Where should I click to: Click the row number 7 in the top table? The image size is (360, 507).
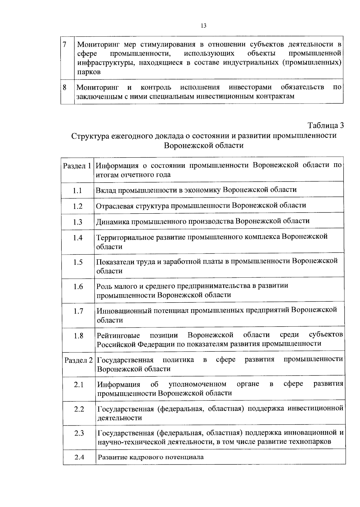pos(64,44)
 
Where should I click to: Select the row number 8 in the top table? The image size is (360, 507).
pos(64,87)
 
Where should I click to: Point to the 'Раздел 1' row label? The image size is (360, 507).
pos(77,166)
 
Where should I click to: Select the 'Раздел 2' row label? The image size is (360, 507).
pos(79,360)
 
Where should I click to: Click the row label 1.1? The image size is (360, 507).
pos(77,191)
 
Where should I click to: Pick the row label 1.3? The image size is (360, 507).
pos(77,222)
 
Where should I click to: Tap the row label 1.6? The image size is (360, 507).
pos(78,287)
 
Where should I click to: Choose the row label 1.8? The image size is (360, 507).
pos(78,336)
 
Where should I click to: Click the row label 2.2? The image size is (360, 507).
pos(79,409)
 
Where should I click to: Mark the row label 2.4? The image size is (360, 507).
pos(79,457)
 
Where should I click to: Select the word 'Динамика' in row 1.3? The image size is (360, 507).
pos(111,221)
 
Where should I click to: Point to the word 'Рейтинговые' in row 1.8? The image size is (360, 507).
pos(118,335)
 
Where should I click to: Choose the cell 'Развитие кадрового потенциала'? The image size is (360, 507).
pos(151,457)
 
